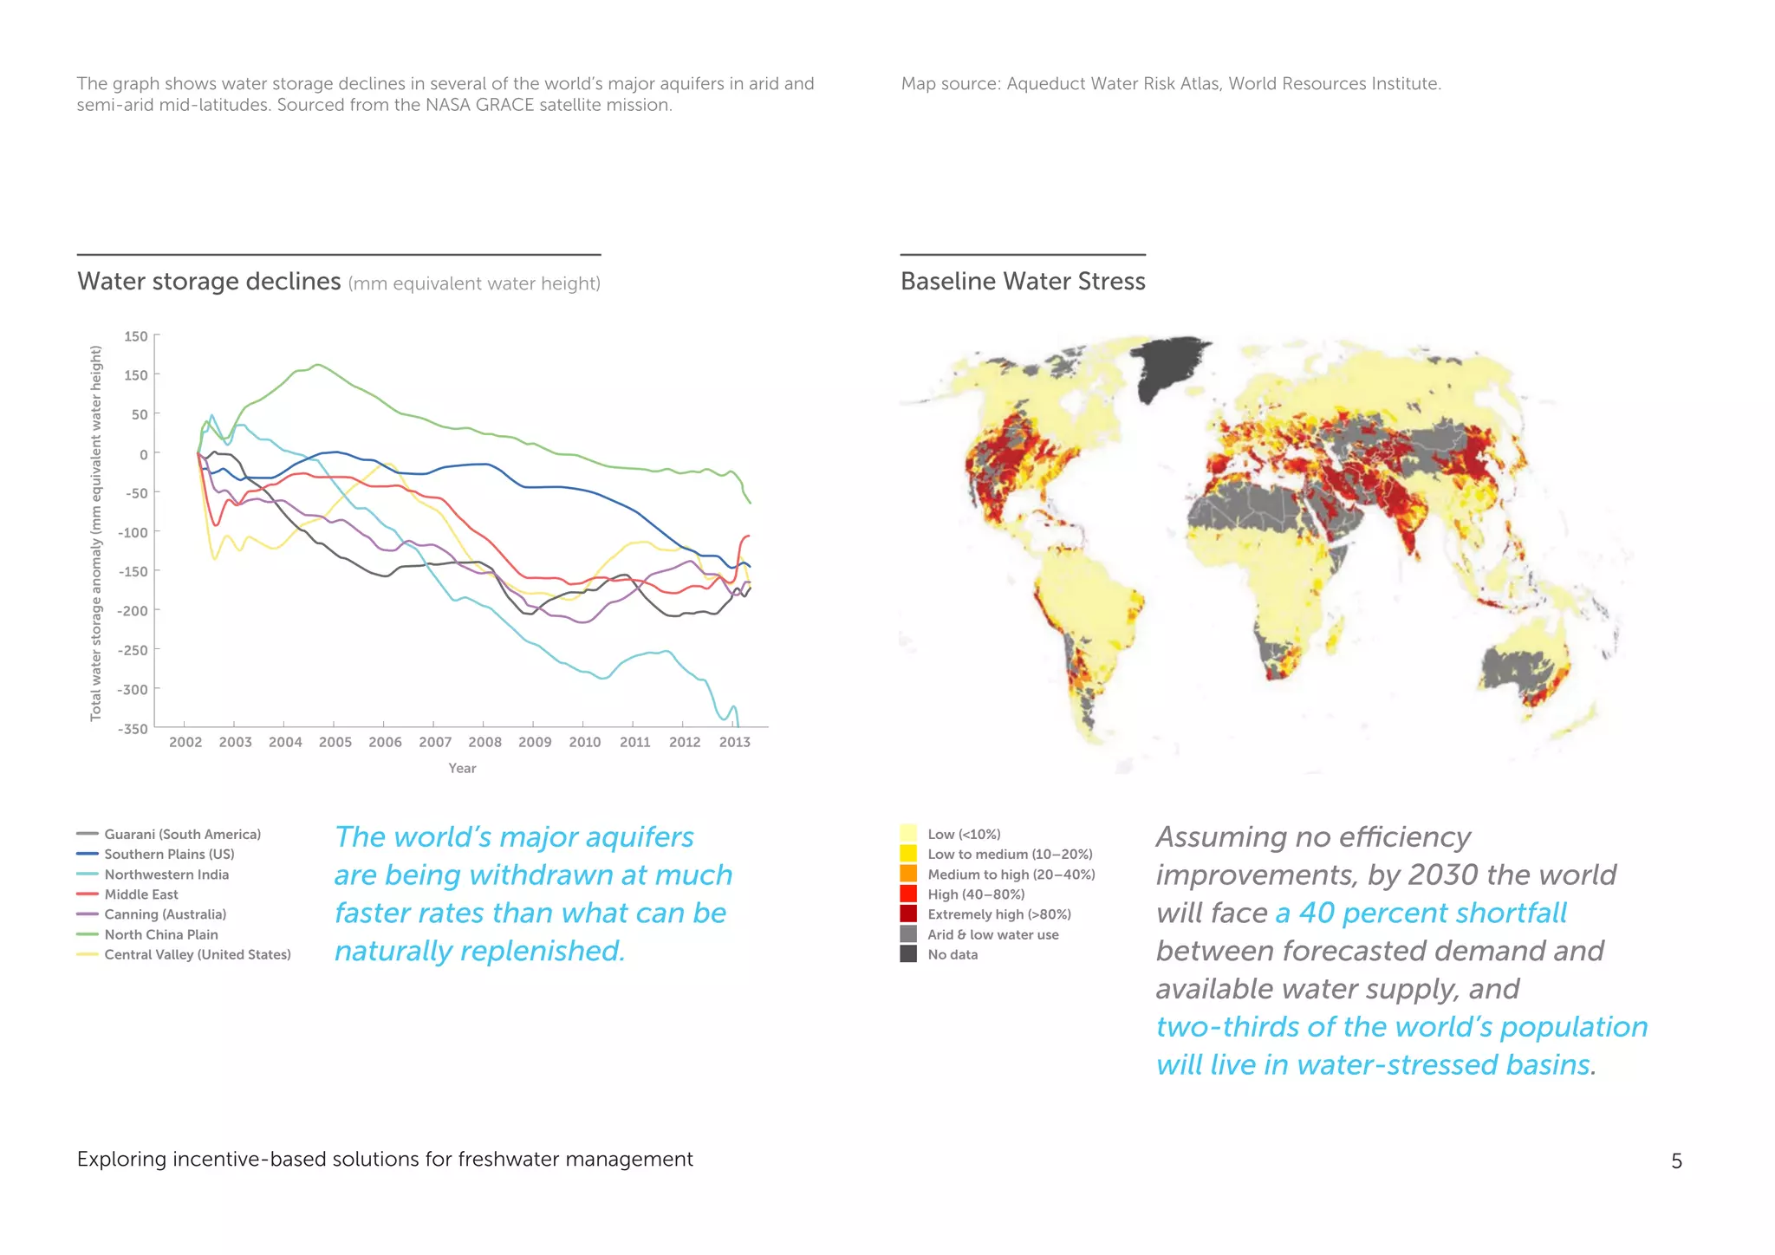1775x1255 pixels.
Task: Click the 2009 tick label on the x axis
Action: point(535,742)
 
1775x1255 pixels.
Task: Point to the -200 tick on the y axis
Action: point(133,610)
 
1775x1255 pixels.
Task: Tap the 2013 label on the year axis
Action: point(734,742)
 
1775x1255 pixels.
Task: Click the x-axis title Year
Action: point(462,768)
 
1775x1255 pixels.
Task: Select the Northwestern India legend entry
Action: point(166,875)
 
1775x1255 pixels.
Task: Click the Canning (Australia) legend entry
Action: point(165,914)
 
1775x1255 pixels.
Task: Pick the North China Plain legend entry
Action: point(161,934)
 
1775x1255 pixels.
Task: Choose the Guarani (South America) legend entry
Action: point(182,834)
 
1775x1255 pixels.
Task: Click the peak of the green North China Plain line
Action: point(317,365)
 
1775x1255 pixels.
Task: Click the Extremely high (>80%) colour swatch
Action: point(908,914)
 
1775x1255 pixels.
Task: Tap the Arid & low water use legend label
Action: point(992,934)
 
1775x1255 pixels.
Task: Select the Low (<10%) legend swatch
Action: point(908,834)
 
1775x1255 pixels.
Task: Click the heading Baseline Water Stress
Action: point(1023,282)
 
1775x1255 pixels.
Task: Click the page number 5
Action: point(1676,1161)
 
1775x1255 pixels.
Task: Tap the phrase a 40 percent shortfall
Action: point(1421,913)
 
